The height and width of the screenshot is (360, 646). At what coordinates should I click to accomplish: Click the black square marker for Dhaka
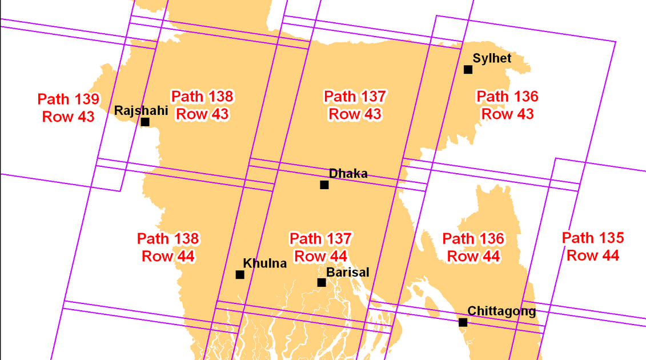[324, 185]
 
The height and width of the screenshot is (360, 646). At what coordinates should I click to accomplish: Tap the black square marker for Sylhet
[468, 70]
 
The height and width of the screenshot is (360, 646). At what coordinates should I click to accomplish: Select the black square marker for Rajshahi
[145, 122]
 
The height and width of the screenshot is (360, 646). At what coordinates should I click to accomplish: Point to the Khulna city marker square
[240, 275]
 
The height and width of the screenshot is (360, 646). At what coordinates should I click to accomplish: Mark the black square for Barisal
[322, 282]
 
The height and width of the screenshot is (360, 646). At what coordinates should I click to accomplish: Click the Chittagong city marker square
[463, 322]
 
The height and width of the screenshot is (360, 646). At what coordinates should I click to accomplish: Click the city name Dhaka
[348, 174]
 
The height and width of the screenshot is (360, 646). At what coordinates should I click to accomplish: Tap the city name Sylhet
[492, 58]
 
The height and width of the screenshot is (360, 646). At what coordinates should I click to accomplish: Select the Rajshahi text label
[141, 110]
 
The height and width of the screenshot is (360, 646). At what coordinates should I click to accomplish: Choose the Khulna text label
[265, 263]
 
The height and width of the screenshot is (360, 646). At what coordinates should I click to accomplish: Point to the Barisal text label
[348, 272]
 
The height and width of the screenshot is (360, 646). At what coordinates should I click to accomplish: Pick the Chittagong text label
[501, 311]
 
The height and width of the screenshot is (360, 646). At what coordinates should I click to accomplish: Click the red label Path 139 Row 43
[69, 107]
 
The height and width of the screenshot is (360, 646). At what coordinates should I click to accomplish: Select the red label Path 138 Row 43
[202, 105]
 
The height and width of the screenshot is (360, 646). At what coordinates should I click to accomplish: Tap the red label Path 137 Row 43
[355, 105]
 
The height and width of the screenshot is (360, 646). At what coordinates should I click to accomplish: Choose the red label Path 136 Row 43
[507, 105]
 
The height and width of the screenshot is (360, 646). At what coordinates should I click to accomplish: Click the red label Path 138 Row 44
[168, 247]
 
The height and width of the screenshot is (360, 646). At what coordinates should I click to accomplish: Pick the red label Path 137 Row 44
[320, 247]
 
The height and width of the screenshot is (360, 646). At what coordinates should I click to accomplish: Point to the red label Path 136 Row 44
[474, 247]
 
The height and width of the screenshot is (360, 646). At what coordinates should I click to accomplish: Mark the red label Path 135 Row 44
[593, 246]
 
